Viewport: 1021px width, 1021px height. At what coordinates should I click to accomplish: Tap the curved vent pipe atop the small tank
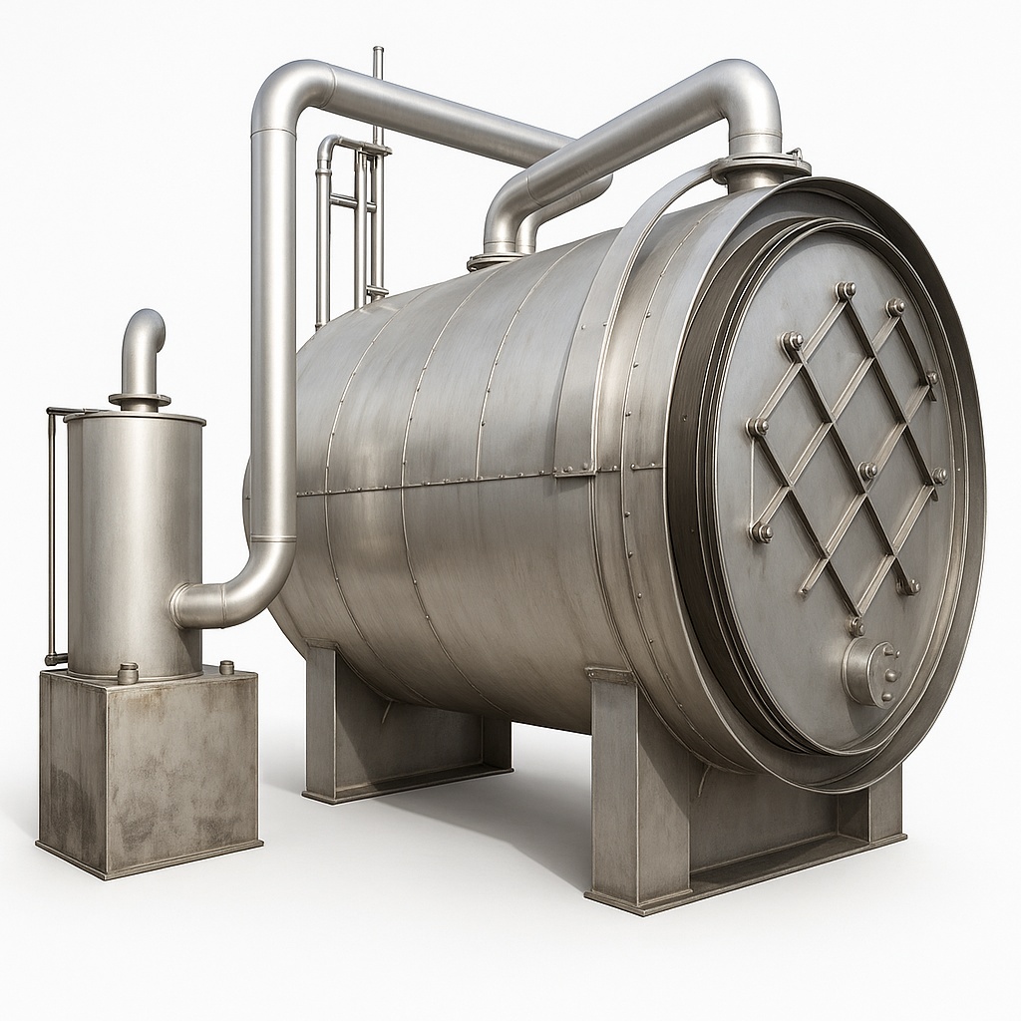(x=144, y=344)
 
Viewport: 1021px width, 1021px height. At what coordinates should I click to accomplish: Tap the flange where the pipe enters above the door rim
(x=758, y=168)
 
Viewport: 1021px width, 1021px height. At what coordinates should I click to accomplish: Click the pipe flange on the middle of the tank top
(x=495, y=259)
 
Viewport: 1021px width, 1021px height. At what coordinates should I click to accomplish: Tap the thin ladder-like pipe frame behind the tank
(x=349, y=219)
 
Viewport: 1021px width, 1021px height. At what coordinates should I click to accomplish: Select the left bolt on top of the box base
(x=128, y=674)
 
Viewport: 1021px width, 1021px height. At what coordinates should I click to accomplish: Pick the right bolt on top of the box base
(x=226, y=667)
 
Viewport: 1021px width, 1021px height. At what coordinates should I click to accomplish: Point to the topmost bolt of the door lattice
(x=846, y=290)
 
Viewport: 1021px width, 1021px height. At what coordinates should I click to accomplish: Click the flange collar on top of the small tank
(x=140, y=401)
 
